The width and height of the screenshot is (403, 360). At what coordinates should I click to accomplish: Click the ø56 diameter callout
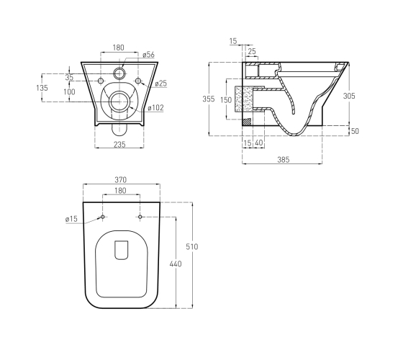[x=148, y=55]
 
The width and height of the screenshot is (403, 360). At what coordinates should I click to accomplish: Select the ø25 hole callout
[x=161, y=84]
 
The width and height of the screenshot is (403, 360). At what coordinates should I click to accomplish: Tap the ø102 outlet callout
[x=155, y=108]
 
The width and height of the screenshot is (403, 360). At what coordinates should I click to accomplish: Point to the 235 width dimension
[x=119, y=144]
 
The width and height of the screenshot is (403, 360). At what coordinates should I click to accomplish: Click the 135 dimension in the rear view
[x=42, y=88]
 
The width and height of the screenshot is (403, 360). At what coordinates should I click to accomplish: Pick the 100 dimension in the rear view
[x=69, y=92]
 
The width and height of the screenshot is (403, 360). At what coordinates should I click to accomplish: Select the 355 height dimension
[x=209, y=99]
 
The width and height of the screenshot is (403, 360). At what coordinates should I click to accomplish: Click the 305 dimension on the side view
[x=349, y=96]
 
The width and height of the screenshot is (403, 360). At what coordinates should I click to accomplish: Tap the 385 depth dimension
[x=284, y=160]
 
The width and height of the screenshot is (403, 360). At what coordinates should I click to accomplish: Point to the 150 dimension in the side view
[x=226, y=100]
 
